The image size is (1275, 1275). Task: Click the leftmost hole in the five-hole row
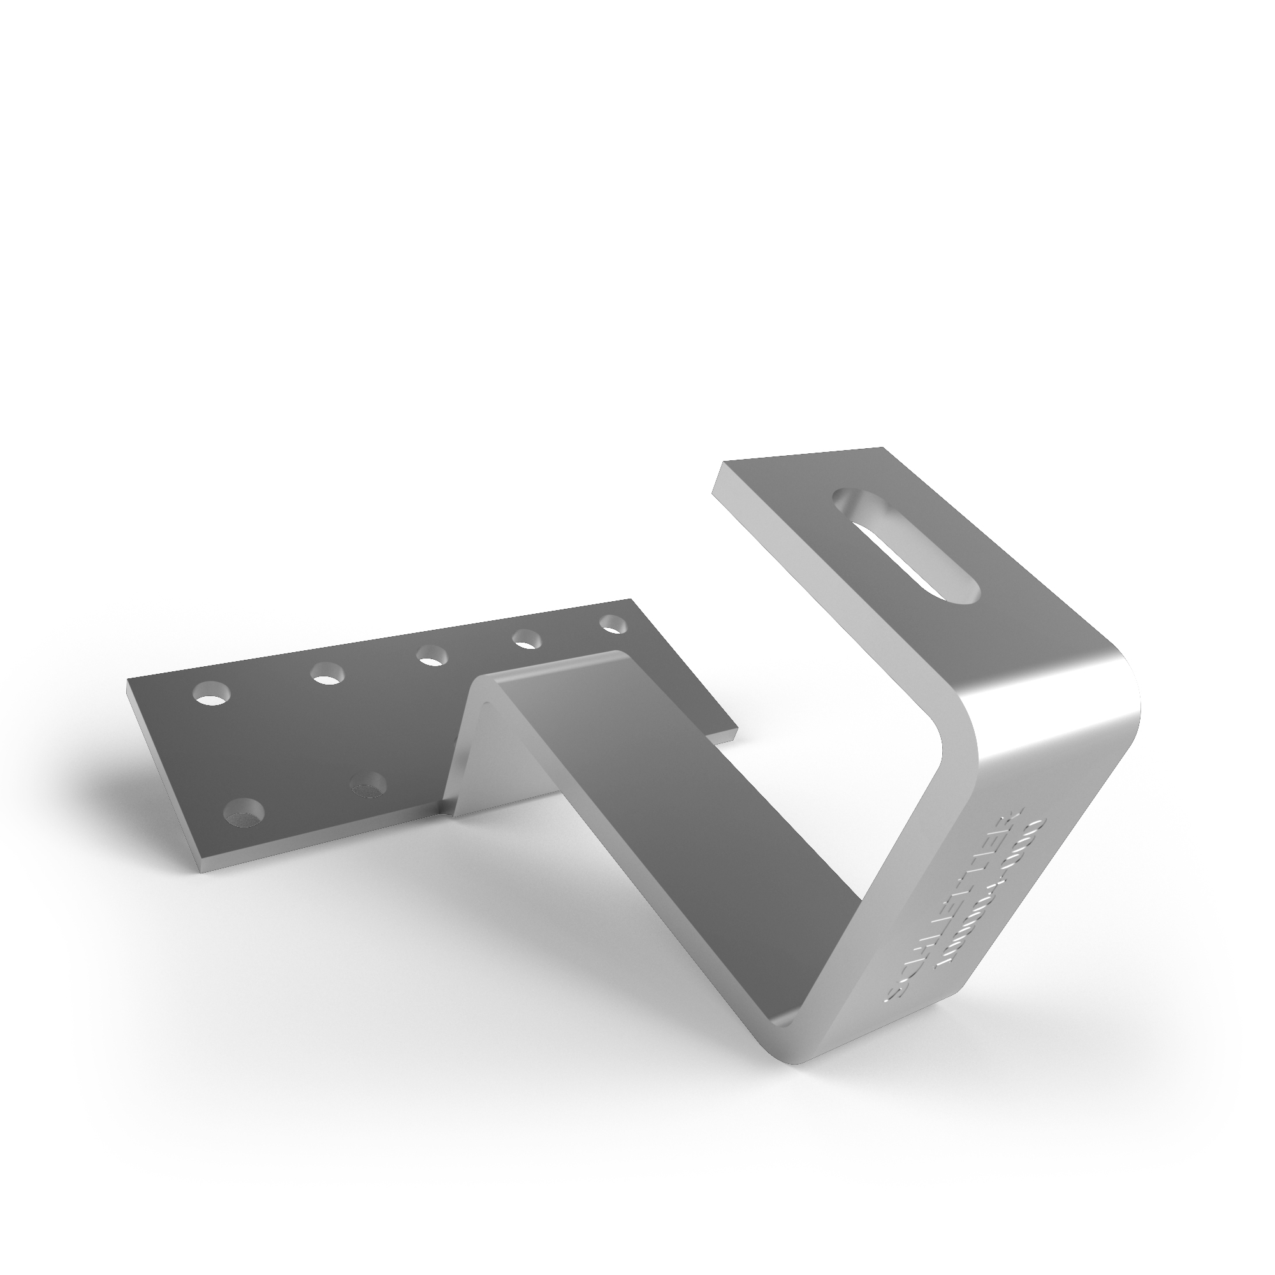click(x=212, y=694)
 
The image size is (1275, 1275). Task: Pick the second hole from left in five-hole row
click(x=328, y=674)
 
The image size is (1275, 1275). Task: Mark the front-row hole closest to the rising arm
click(x=368, y=787)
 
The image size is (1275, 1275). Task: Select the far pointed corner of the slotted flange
click(x=882, y=448)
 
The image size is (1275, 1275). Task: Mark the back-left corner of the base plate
click(x=127, y=680)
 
